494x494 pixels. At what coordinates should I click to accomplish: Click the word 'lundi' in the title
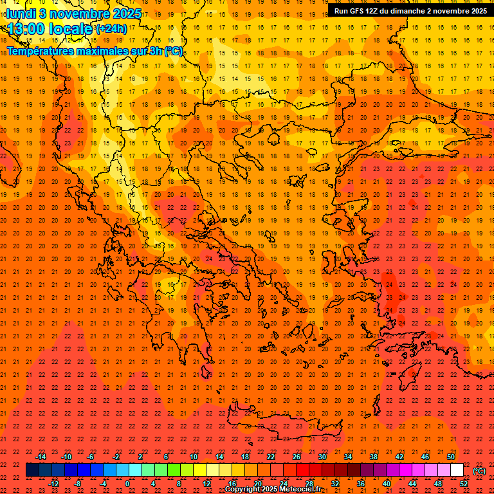[21, 13]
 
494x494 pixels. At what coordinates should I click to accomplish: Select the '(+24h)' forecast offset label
[111, 29]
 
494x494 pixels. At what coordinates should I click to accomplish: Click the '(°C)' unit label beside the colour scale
[479, 471]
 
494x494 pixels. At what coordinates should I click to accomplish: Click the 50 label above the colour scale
[451, 457]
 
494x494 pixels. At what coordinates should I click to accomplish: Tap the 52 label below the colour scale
[464, 484]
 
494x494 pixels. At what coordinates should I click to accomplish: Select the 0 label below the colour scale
[127, 484]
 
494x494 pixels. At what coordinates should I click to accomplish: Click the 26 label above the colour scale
[296, 457]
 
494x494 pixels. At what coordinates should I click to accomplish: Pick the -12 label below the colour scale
[53, 484]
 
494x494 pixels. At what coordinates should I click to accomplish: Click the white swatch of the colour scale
[457, 470]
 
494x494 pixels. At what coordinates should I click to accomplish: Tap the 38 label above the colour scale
[373, 457]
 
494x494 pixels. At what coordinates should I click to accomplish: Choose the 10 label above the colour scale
[193, 457]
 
